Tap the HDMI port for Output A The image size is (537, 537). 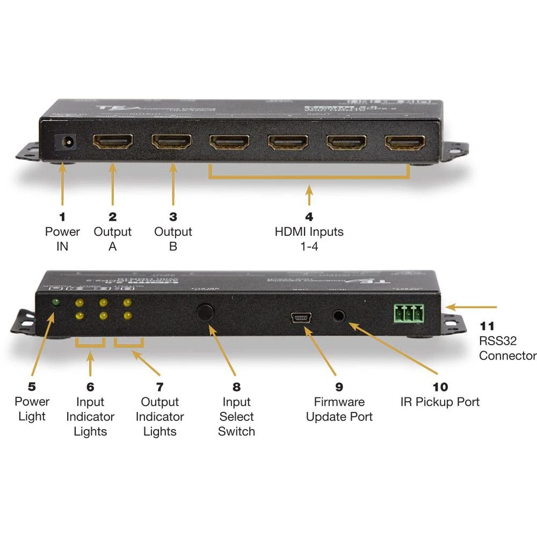pos(113,142)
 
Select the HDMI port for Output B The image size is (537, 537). pos(171,142)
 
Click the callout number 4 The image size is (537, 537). pos(309,217)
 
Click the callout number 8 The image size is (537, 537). pos(236,387)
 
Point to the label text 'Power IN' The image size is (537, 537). pos(62,240)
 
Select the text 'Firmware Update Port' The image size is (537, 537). pos(339,409)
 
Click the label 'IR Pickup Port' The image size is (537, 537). pos(440,402)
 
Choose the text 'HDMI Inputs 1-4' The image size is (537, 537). pos(309,240)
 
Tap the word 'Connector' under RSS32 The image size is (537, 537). pos(507,355)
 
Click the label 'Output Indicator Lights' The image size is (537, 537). pos(159,417)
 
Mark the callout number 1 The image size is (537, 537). pos(62,217)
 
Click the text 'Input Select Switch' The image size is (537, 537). pos(236,417)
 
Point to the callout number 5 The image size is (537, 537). pos(32,387)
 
